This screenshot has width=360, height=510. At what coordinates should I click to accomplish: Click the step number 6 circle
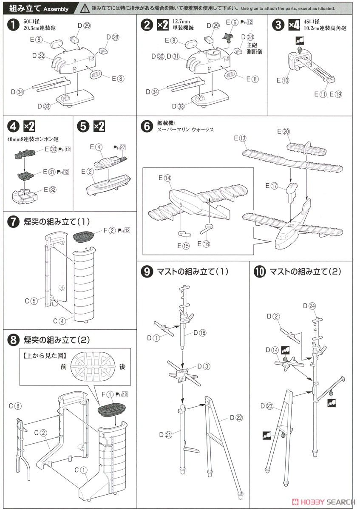point(145,126)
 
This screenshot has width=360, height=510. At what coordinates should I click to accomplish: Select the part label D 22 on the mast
point(236,418)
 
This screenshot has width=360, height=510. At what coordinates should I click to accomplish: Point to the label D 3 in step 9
point(204,366)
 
